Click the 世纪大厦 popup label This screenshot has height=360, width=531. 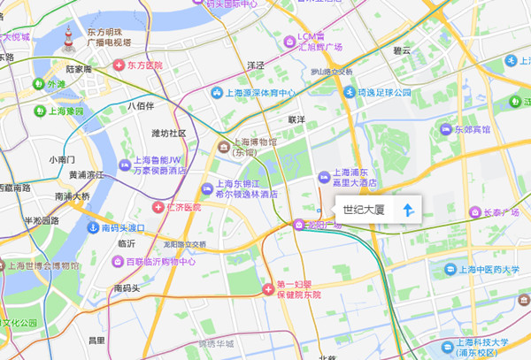tap(364, 210)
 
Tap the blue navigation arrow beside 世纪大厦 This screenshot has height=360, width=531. tap(408, 210)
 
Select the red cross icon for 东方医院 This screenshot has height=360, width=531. tap(119, 65)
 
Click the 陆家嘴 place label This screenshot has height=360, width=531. tap(79, 68)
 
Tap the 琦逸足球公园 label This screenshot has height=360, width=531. tap(383, 92)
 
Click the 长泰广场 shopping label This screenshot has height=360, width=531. tap(501, 212)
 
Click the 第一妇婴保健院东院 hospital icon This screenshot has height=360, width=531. tap(269, 289)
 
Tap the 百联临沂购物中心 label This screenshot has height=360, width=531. tap(160, 262)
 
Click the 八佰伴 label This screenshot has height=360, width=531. tap(141, 106)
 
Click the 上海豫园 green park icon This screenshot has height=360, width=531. tap(41, 111)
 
